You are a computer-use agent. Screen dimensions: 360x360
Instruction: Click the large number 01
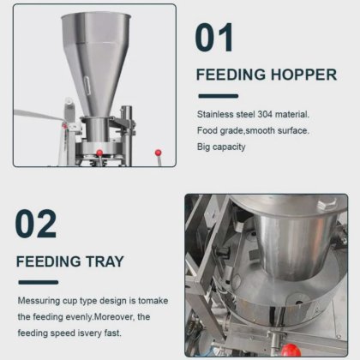[x=214, y=38]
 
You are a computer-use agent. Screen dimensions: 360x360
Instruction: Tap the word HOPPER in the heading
[x=303, y=75]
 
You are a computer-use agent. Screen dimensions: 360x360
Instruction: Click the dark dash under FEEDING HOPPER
[x=219, y=96]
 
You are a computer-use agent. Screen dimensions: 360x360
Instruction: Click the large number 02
[x=35, y=224]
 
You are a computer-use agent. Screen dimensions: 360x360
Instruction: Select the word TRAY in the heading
[x=105, y=261]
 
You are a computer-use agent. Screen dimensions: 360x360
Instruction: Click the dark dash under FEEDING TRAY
[x=39, y=282]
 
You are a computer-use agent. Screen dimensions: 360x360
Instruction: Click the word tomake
[x=153, y=301]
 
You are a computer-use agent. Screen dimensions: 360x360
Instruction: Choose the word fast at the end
[x=112, y=333]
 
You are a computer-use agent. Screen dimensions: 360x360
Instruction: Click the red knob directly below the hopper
[x=99, y=153]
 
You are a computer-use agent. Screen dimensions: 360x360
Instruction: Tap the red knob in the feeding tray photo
[x=291, y=351]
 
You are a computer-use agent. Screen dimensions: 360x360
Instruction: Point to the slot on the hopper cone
[x=87, y=83]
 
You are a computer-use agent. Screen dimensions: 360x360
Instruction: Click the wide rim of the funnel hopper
[x=96, y=15]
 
